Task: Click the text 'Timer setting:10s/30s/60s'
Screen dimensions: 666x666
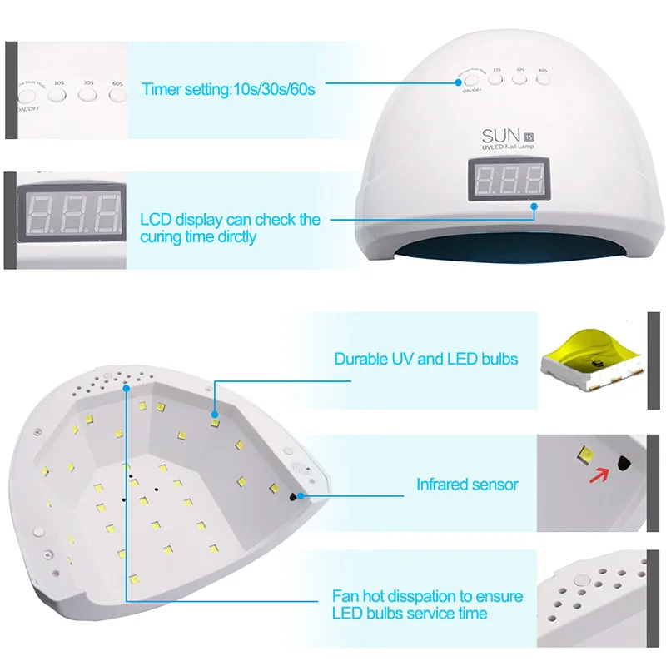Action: (227, 88)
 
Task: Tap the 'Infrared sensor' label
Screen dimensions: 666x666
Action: (467, 484)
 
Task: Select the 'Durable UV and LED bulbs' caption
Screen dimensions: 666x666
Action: (425, 360)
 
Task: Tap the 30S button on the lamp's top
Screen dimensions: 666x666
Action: (519, 79)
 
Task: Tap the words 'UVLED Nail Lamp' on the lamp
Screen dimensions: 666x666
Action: (511, 147)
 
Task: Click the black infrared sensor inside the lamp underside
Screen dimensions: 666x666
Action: (294, 496)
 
